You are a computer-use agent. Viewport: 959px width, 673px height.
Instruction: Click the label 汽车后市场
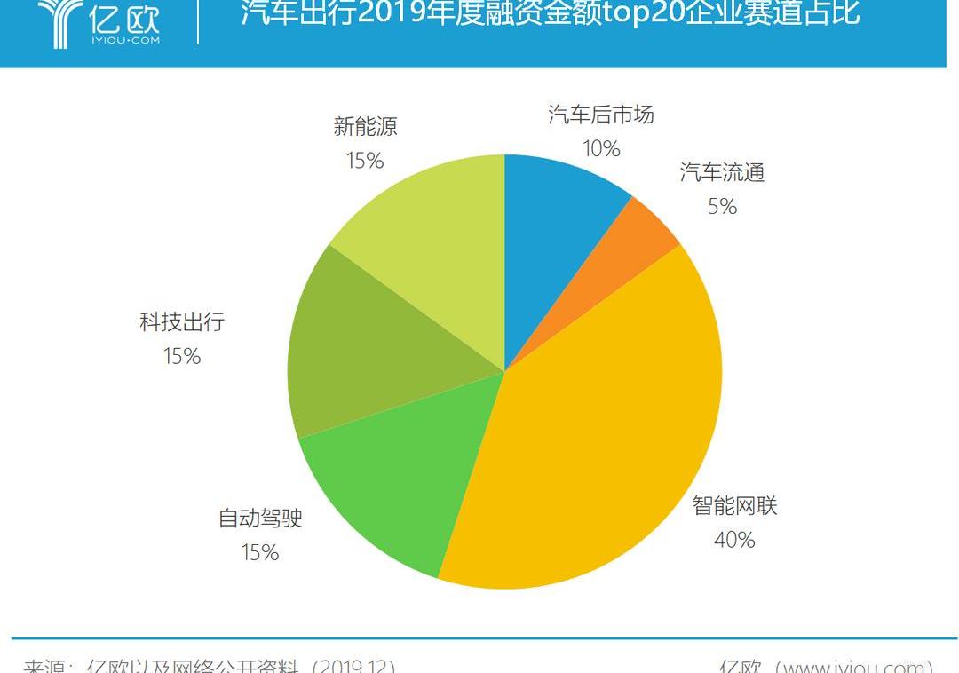pyautogui.click(x=601, y=115)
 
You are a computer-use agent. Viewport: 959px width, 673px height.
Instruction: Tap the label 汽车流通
pyautogui.click(x=722, y=172)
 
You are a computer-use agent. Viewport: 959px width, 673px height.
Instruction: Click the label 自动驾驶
pyautogui.click(x=260, y=518)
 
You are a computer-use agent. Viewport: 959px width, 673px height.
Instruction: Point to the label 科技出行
pyautogui.click(x=182, y=321)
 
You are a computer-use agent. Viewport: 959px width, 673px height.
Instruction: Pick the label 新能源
pyautogui.click(x=365, y=126)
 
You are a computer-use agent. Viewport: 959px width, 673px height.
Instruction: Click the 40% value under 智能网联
pyautogui.click(x=734, y=540)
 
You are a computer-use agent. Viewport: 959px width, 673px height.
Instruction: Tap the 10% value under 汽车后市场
pyautogui.click(x=601, y=149)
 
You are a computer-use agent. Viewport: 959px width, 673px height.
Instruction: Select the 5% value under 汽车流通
pyautogui.click(x=722, y=207)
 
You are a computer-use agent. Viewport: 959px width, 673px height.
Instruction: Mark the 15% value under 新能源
pyautogui.click(x=365, y=161)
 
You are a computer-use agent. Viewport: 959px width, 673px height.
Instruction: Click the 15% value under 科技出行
pyautogui.click(x=182, y=357)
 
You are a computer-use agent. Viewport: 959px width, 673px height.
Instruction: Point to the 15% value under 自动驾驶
pyautogui.click(x=260, y=552)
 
